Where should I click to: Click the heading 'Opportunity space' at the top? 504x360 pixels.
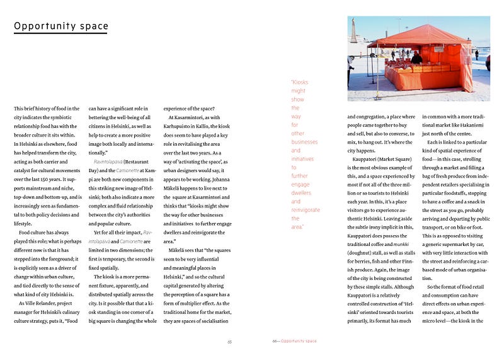click(61, 26)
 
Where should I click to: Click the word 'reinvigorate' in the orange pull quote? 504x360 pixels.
click(306, 210)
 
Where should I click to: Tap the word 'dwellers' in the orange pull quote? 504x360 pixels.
click(301, 193)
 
